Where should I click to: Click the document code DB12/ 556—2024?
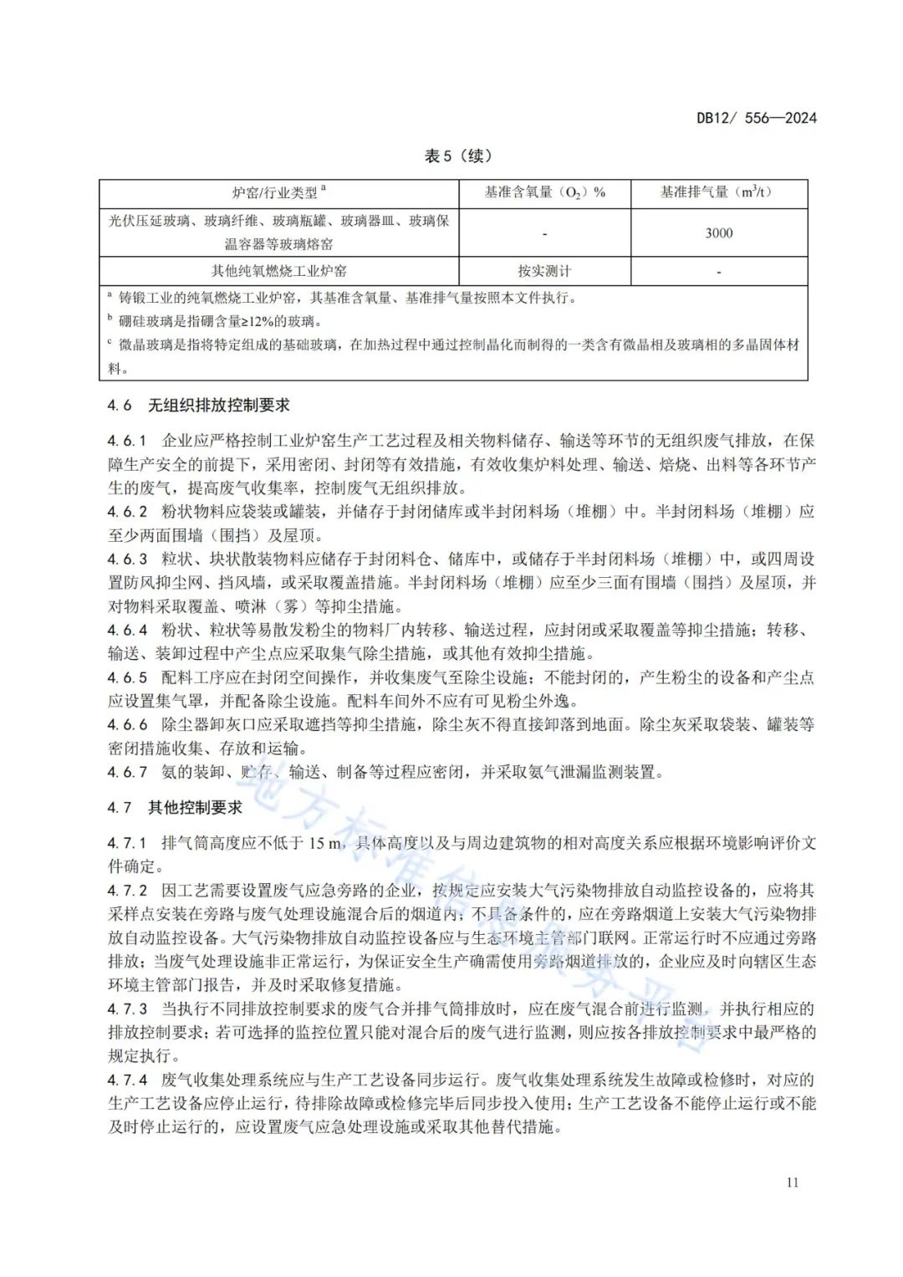click(x=756, y=118)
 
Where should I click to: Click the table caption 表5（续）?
click(x=457, y=156)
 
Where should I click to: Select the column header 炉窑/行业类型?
click(x=278, y=193)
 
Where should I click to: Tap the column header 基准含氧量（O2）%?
click(x=544, y=193)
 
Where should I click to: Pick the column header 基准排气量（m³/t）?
click(x=718, y=193)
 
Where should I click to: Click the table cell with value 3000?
click(x=718, y=233)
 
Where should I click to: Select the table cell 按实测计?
click(x=544, y=271)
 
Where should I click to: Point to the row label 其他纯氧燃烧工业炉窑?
click(x=278, y=271)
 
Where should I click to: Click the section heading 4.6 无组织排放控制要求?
click(x=198, y=406)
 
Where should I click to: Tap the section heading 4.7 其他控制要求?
click(x=175, y=808)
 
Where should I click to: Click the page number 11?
click(x=792, y=1183)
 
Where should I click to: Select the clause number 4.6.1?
click(x=127, y=441)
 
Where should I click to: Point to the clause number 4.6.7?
click(x=127, y=772)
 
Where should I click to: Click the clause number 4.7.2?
click(x=127, y=891)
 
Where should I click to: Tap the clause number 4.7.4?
click(x=127, y=1080)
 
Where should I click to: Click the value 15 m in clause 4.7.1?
click(x=326, y=843)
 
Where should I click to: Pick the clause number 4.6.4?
click(x=127, y=630)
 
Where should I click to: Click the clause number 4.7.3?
click(x=127, y=1009)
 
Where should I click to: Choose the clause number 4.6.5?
click(x=127, y=677)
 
